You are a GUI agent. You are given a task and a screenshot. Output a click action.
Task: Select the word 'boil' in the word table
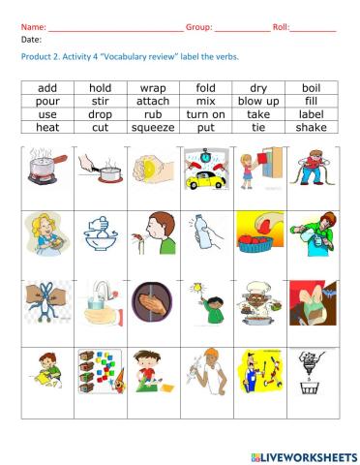point(311,88)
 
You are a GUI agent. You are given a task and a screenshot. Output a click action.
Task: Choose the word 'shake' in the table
point(311,127)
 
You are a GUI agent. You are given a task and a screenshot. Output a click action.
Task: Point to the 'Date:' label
point(31,41)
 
